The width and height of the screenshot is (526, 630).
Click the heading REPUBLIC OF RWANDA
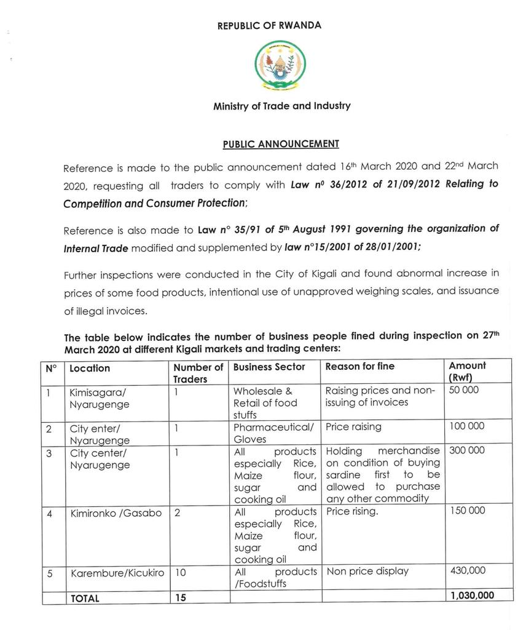point(269,26)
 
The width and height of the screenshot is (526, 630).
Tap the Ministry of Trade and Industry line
point(282,106)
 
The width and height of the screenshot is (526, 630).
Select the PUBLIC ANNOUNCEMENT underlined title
point(281,144)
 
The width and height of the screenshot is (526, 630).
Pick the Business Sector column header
point(269,367)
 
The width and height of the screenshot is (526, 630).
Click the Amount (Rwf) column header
point(467,372)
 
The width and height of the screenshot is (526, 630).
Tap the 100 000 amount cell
point(466,426)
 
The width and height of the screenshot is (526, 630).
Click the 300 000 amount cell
point(467,450)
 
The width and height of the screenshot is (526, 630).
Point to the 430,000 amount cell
point(467,571)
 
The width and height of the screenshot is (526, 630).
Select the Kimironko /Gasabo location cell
point(116,512)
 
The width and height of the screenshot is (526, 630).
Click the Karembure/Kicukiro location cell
point(117,572)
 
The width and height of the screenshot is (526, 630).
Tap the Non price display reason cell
point(367,571)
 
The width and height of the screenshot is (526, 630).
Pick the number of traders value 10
point(181,572)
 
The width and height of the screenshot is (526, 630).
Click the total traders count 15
point(180,597)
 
